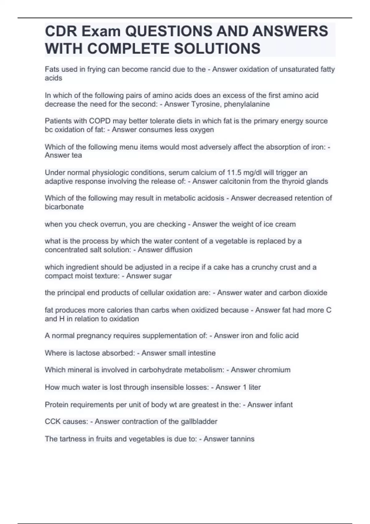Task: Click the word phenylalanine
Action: click(247, 104)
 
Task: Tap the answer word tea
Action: click(76, 155)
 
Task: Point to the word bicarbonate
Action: click(64, 207)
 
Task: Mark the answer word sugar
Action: click(162, 276)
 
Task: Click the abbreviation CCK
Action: click(52, 422)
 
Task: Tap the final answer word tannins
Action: click(242, 439)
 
